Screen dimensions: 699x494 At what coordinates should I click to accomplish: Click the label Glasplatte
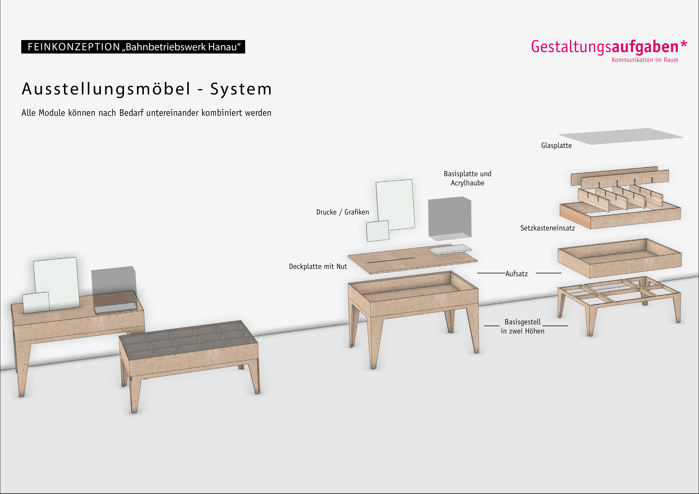point(556,146)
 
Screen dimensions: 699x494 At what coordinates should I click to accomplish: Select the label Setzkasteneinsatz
point(547,228)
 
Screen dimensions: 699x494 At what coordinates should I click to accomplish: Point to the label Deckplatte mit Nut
point(318,267)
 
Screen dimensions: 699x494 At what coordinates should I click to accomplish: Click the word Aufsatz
point(516,274)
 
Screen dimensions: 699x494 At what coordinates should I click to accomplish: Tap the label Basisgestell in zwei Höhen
point(522,326)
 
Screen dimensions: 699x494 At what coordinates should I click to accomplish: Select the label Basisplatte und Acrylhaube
point(467,178)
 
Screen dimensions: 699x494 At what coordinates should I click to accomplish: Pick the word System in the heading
point(241,89)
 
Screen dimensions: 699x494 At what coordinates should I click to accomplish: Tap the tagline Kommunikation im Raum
point(645,60)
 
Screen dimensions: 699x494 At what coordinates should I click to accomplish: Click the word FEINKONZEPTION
point(74,47)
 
